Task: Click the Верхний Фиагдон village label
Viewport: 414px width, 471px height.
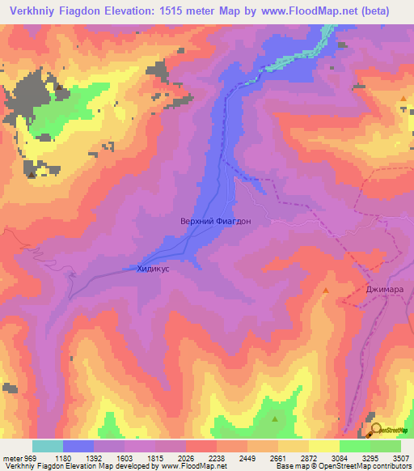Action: click(x=209, y=220)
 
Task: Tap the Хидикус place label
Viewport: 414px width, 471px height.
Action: click(x=153, y=269)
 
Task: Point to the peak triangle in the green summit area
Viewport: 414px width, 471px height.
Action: click(x=274, y=419)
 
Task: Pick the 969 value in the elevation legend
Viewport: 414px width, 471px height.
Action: click(x=27, y=458)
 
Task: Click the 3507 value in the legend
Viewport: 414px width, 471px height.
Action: click(x=399, y=458)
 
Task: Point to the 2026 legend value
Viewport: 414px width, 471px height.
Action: click(x=185, y=458)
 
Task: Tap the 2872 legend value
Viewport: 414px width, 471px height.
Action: click(x=308, y=458)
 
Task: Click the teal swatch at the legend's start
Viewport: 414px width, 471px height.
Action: click(x=48, y=446)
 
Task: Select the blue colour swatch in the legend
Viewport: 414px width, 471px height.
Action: click(x=78, y=446)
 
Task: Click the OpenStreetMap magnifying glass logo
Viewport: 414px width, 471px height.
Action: click(x=376, y=430)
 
